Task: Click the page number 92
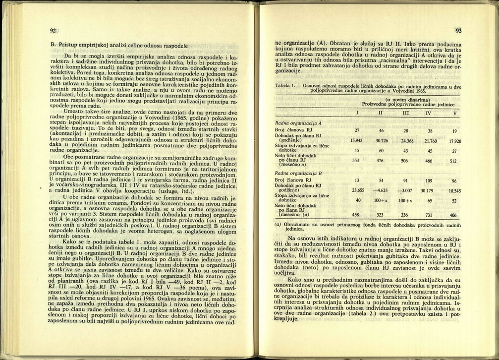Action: pos(52,31)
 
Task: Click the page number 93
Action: pos(458,31)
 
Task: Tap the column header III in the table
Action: pos(405,113)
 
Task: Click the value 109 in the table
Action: pos(430,180)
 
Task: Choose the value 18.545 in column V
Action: pos(455,190)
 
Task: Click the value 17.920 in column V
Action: pos(455,141)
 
